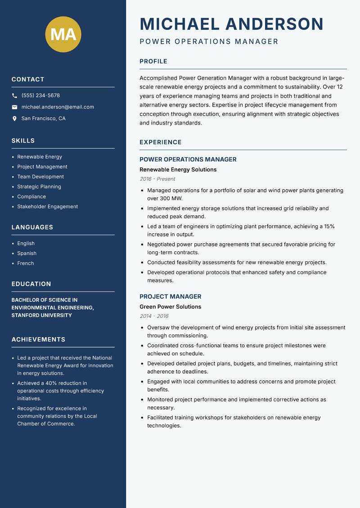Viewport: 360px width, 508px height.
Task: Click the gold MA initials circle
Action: tap(63, 34)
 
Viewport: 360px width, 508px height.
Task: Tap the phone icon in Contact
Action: tap(14, 96)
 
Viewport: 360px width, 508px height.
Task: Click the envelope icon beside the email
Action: tap(14, 107)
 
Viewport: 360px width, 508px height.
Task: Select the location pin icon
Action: tap(14, 119)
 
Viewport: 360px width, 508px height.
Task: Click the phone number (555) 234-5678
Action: tap(40, 95)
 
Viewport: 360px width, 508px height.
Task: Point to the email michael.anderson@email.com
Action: tap(58, 107)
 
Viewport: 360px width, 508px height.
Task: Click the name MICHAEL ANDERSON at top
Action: tap(231, 24)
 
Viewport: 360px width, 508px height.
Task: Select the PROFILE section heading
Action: tap(153, 62)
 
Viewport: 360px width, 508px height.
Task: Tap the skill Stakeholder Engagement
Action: tap(47, 207)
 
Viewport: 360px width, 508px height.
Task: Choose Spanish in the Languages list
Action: tap(27, 254)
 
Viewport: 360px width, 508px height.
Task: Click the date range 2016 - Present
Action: tap(157, 179)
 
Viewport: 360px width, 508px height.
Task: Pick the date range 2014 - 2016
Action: tap(154, 316)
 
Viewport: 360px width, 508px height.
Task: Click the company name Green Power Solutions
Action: tap(170, 307)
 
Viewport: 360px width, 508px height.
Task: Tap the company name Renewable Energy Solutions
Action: tap(178, 169)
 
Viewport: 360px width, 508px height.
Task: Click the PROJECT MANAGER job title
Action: tap(170, 297)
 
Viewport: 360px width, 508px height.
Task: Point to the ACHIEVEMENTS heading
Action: tap(38, 339)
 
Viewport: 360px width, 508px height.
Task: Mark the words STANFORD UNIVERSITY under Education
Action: tap(41, 316)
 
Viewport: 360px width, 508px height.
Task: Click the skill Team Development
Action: tap(40, 177)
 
